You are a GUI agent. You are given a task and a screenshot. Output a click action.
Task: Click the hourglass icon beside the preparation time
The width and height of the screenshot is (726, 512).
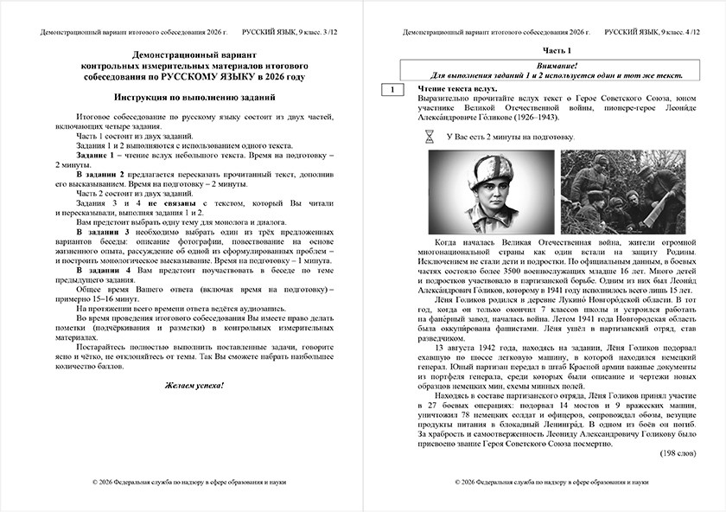pyautogui.click(x=430, y=137)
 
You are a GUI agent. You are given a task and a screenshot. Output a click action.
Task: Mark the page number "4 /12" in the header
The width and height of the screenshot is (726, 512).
pyautogui.click(x=697, y=32)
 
